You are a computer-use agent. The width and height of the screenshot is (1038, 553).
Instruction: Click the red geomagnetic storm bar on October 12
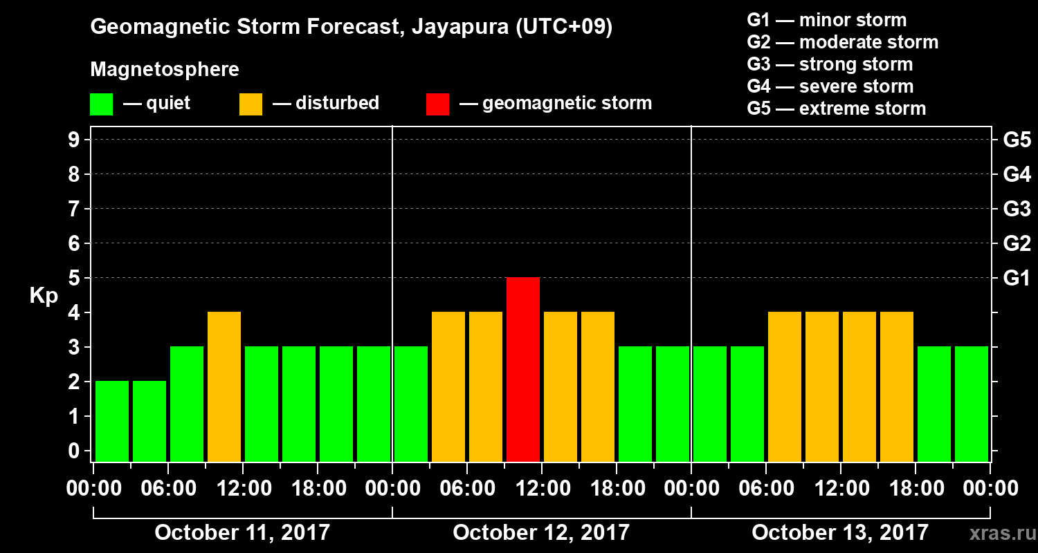pyautogui.click(x=523, y=369)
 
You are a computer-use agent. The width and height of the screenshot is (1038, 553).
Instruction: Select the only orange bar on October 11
pyautogui.click(x=224, y=386)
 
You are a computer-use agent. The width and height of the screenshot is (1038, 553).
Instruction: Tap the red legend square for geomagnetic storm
pyautogui.click(x=437, y=104)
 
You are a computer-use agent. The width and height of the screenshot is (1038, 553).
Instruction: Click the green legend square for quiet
pyautogui.click(x=101, y=104)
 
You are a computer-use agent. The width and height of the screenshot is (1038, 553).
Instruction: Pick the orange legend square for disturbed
pyautogui.click(x=251, y=104)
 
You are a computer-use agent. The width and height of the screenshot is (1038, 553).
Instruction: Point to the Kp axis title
pyautogui.click(x=44, y=296)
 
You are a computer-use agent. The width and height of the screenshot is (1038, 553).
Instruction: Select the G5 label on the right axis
pyautogui.click(x=1017, y=140)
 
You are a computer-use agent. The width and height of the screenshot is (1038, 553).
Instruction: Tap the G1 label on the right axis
pyautogui.click(x=1017, y=279)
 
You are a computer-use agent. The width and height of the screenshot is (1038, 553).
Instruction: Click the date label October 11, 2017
pyautogui.click(x=242, y=533)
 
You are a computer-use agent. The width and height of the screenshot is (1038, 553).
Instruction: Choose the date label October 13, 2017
pyautogui.click(x=840, y=533)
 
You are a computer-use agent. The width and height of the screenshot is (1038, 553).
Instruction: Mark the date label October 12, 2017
pyautogui.click(x=541, y=533)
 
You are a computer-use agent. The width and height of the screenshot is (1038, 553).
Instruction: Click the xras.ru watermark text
pyautogui.click(x=997, y=534)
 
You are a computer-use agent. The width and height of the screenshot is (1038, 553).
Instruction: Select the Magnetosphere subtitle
pyautogui.click(x=165, y=70)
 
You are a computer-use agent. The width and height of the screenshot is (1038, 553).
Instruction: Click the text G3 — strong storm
pyautogui.click(x=830, y=64)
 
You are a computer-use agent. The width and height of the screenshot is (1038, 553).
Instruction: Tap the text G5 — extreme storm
pyautogui.click(x=836, y=109)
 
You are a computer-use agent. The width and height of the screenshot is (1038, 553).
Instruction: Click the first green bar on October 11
pyautogui.click(x=112, y=421)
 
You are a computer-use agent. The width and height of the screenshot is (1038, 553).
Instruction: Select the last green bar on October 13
pyautogui.click(x=972, y=404)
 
